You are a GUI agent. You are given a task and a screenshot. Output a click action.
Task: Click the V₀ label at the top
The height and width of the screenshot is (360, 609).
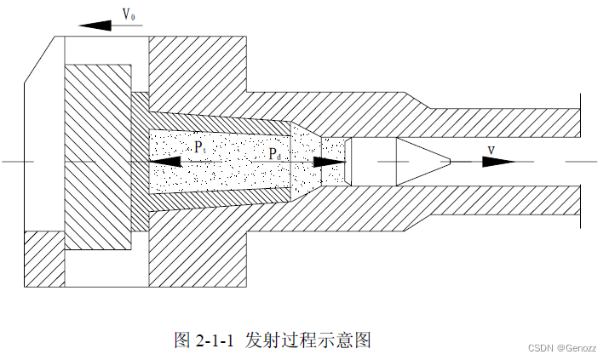pyautogui.click(x=129, y=14)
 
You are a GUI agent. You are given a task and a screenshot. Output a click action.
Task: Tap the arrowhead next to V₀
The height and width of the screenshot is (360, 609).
pyautogui.click(x=96, y=25)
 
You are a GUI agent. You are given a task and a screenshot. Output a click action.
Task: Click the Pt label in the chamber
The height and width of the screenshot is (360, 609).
pyautogui.click(x=198, y=147)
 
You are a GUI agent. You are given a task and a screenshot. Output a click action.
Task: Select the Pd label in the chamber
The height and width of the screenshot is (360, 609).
pyautogui.click(x=274, y=154)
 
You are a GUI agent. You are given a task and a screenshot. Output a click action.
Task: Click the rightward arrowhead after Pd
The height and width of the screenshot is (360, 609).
pyautogui.click(x=330, y=162)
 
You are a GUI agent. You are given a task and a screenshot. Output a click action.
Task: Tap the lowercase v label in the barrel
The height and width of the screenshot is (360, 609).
pyautogui.click(x=491, y=150)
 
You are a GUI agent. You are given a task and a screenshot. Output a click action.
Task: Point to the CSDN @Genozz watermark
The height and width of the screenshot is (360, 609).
pyautogui.click(x=563, y=347)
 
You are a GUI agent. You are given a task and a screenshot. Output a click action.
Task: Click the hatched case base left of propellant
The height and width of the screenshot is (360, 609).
pyautogui.click(x=141, y=162)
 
